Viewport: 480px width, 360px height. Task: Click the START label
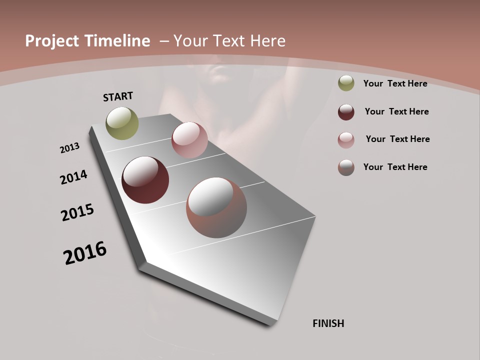tap(118, 96)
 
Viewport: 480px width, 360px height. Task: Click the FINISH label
tap(328, 323)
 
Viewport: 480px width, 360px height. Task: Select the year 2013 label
tap(69, 148)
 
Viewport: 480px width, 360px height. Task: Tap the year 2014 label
tap(73, 177)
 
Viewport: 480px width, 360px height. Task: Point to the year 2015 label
tap(77, 212)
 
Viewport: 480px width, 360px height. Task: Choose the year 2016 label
tap(85, 253)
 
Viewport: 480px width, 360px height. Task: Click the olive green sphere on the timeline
tap(122, 123)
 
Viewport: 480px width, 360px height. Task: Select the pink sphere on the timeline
tap(189, 140)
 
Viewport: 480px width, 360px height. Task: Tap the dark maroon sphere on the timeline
tap(145, 180)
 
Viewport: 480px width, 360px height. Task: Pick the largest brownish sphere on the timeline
tap(216, 207)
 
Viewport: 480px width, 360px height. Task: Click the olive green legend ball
tap(346, 83)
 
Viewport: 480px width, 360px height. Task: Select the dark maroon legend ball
tap(346, 112)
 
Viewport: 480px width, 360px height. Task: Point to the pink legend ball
tap(346, 140)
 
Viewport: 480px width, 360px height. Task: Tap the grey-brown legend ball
tap(346, 167)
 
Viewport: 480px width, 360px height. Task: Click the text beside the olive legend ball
tap(395, 83)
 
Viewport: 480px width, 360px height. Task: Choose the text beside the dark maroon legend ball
tap(396, 111)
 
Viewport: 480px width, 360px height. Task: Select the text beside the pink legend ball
tap(397, 139)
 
